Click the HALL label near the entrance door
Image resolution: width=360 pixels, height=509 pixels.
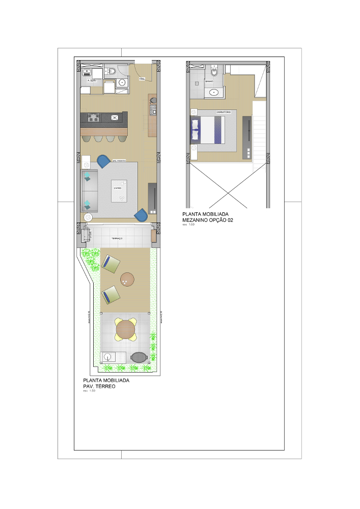[142, 79]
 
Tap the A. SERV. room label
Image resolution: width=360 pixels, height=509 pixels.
[93, 81]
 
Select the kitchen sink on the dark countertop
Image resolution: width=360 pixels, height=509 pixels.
[115, 118]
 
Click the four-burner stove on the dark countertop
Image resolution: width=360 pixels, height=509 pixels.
[93, 118]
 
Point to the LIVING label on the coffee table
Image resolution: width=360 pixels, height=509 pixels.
[119, 189]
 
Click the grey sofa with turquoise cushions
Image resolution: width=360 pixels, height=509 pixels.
[89, 191]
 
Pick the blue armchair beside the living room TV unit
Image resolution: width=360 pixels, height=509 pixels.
[141, 215]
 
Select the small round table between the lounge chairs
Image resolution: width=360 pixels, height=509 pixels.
[127, 279]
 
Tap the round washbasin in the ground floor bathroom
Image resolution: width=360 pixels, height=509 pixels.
[122, 82]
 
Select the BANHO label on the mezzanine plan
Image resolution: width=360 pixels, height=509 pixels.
[209, 81]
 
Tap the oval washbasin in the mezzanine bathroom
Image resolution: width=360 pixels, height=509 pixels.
[214, 93]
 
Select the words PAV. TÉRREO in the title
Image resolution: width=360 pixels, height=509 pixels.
[99, 386]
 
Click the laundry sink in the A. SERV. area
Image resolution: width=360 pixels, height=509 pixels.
[87, 72]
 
